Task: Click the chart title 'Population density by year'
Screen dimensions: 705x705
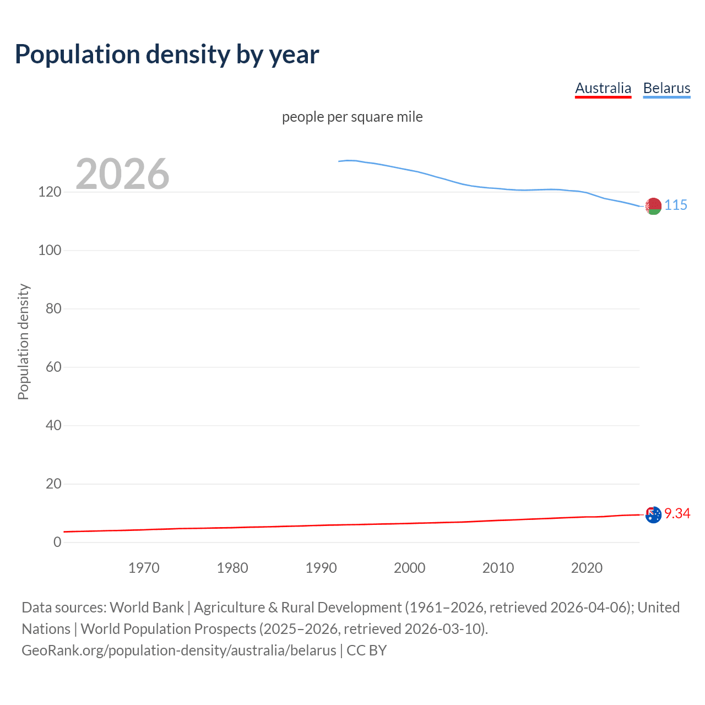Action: pyautogui.click(x=167, y=55)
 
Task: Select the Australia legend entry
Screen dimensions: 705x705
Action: pyautogui.click(x=603, y=88)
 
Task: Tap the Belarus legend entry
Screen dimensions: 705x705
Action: pyautogui.click(x=666, y=88)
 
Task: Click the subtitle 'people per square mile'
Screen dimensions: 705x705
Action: pyautogui.click(x=352, y=117)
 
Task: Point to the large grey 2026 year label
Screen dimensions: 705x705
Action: pyautogui.click(x=122, y=174)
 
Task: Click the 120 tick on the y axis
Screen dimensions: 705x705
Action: pyautogui.click(x=50, y=192)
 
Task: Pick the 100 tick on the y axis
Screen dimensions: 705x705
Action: pyautogui.click(x=50, y=251)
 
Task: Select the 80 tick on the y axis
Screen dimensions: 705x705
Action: pyautogui.click(x=53, y=309)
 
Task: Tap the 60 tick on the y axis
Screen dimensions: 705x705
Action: pyautogui.click(x=53, y=367)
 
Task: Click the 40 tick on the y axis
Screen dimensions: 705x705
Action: pyautogui.click(x=53, y=426)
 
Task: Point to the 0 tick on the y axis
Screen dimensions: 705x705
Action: pyautogui.click(x=57, y=543)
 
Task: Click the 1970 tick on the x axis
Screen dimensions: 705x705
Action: pyautogui.click(x=144, y=568)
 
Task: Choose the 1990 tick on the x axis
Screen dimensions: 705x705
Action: pyautogui.click(x=321, y=568)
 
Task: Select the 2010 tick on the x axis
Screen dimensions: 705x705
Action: pyautogui.click(x=498, y=568)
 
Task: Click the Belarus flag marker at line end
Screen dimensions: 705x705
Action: pyautogui.click(x=653, y=206)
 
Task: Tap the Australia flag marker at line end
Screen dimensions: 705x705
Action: pyautogui.click(x=653, y=515)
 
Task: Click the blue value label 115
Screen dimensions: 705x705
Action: pyautogui.click(x=676, y=205)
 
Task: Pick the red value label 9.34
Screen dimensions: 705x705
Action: pyautogui.click(x=677, y=513)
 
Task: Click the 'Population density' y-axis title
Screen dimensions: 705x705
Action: pyautogui.click(x=23, y=341)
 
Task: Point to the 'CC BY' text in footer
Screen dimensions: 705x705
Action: pyautogui.click(x=366, y=650)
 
